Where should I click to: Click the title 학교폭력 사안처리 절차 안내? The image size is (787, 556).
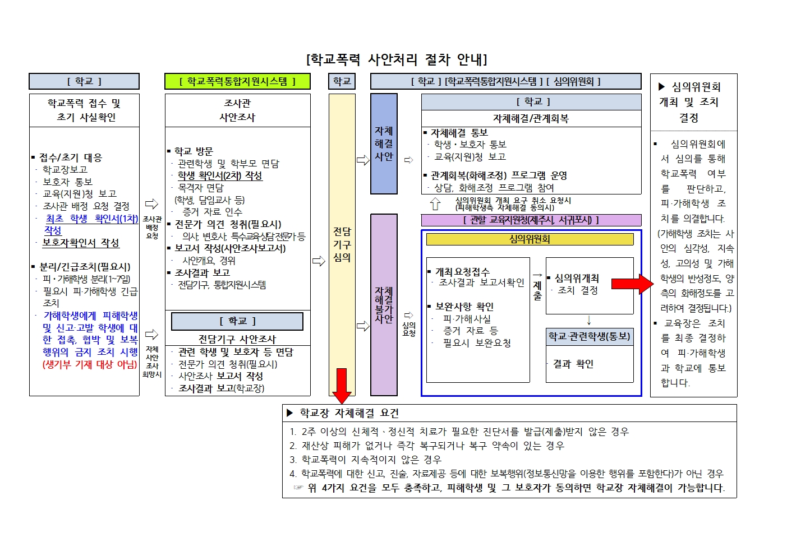397,59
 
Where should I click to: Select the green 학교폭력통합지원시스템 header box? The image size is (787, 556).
237,82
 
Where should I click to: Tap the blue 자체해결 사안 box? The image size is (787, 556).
384,144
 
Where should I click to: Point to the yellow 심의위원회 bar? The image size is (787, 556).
530,239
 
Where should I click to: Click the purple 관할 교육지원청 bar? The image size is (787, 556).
531,220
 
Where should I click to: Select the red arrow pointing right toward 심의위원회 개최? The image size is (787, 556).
632,284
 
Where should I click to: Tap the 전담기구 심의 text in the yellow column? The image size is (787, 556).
342,244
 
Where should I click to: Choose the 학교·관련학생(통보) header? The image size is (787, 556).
590,336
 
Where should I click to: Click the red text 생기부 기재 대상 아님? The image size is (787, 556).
90,364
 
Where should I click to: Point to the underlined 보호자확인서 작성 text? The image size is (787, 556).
81,243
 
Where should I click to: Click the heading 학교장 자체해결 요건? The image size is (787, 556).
349,414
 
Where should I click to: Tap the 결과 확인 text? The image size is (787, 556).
573,364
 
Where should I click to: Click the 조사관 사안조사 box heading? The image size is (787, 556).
237,110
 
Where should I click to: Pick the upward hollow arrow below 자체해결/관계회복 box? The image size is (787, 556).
435,203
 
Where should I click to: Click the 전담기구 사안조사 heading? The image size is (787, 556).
237,339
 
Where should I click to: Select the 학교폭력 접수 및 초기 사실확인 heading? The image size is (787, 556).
85,110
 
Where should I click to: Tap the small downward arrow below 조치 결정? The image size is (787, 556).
589,321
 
